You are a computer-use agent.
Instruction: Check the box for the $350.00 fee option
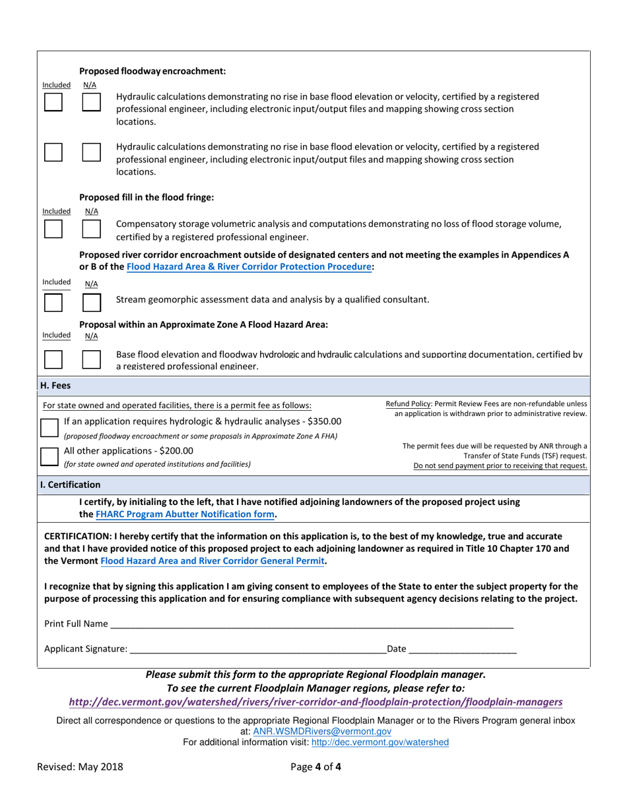(x=50, y=427)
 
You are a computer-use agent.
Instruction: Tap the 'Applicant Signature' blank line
(x=258, y=649)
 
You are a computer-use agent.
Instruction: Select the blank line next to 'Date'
(x=462, y=649)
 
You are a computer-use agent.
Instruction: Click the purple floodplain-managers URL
(x=315, y=702)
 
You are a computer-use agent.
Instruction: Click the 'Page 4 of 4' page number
(x=315, y=767)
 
